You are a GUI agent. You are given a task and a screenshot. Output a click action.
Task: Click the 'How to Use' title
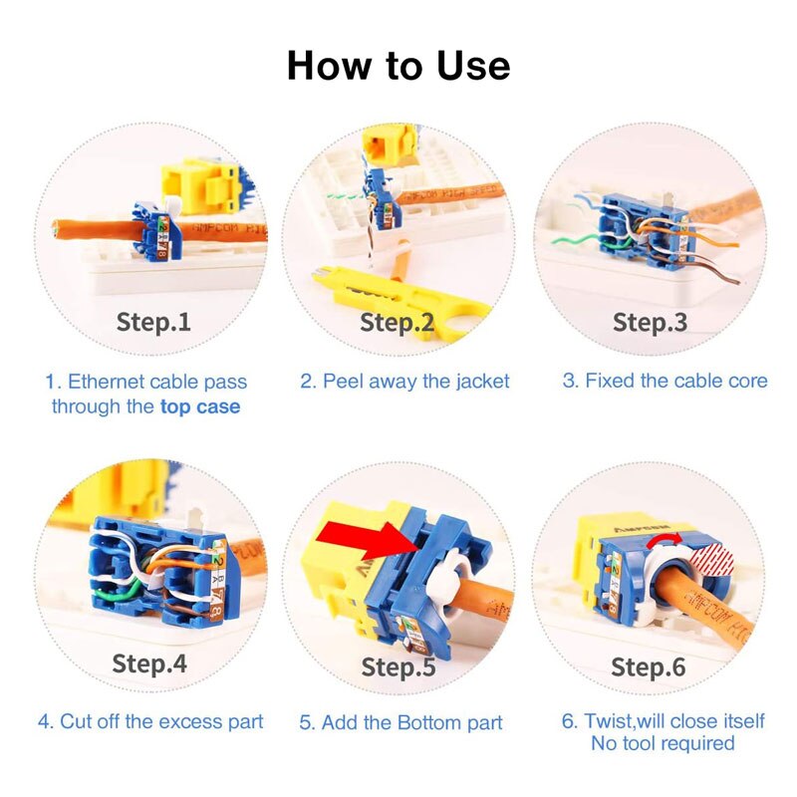(398, 66)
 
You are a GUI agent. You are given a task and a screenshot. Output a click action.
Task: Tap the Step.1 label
(153, 322)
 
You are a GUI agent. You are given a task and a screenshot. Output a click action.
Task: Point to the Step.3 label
(650, 322)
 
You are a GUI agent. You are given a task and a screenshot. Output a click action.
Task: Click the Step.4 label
(149, 664)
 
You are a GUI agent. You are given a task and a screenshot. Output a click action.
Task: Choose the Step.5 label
(398, 666)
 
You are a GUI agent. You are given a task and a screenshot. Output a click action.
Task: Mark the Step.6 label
(649, 666)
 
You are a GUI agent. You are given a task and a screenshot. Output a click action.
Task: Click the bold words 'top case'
(200, 406)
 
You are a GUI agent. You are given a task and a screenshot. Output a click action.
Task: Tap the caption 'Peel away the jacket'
(405, 381)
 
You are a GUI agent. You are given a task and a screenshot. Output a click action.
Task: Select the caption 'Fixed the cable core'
(664, 381)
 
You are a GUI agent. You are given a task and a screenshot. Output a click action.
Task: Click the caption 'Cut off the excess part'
(150, 721)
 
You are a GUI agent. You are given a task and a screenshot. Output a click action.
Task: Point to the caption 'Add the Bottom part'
(400, 722)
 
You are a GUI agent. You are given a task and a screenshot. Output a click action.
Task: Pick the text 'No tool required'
(663, 743)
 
